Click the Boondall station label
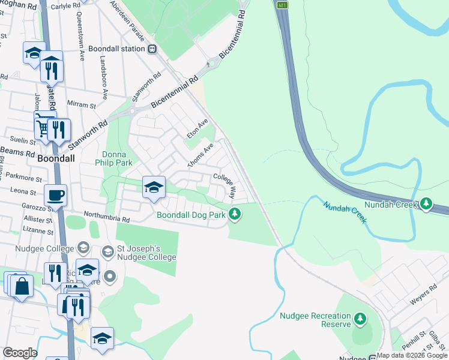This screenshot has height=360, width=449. [x=116, y=49]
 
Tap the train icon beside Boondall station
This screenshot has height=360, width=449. [x=153, y=49]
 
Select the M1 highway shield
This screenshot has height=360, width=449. [x=282, y=5]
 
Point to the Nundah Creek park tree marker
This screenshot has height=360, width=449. [x=426, y=204]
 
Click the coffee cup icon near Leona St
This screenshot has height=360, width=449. [x=55, y=194]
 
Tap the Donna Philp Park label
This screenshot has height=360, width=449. [x=113, y=158]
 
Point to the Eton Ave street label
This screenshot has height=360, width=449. [x=197, y=128]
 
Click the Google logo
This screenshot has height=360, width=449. [x=20, y=353]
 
